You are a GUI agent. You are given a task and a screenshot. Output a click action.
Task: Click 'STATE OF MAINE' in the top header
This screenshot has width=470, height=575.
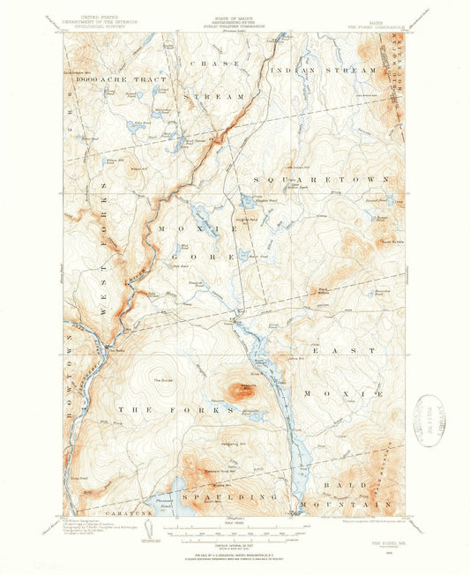[x=234, y=16]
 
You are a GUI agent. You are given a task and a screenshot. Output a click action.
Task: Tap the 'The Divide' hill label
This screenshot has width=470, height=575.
[x=163, y=380]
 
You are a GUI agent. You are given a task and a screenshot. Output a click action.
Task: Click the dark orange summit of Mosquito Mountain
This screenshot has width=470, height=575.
[x=238, y=388]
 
